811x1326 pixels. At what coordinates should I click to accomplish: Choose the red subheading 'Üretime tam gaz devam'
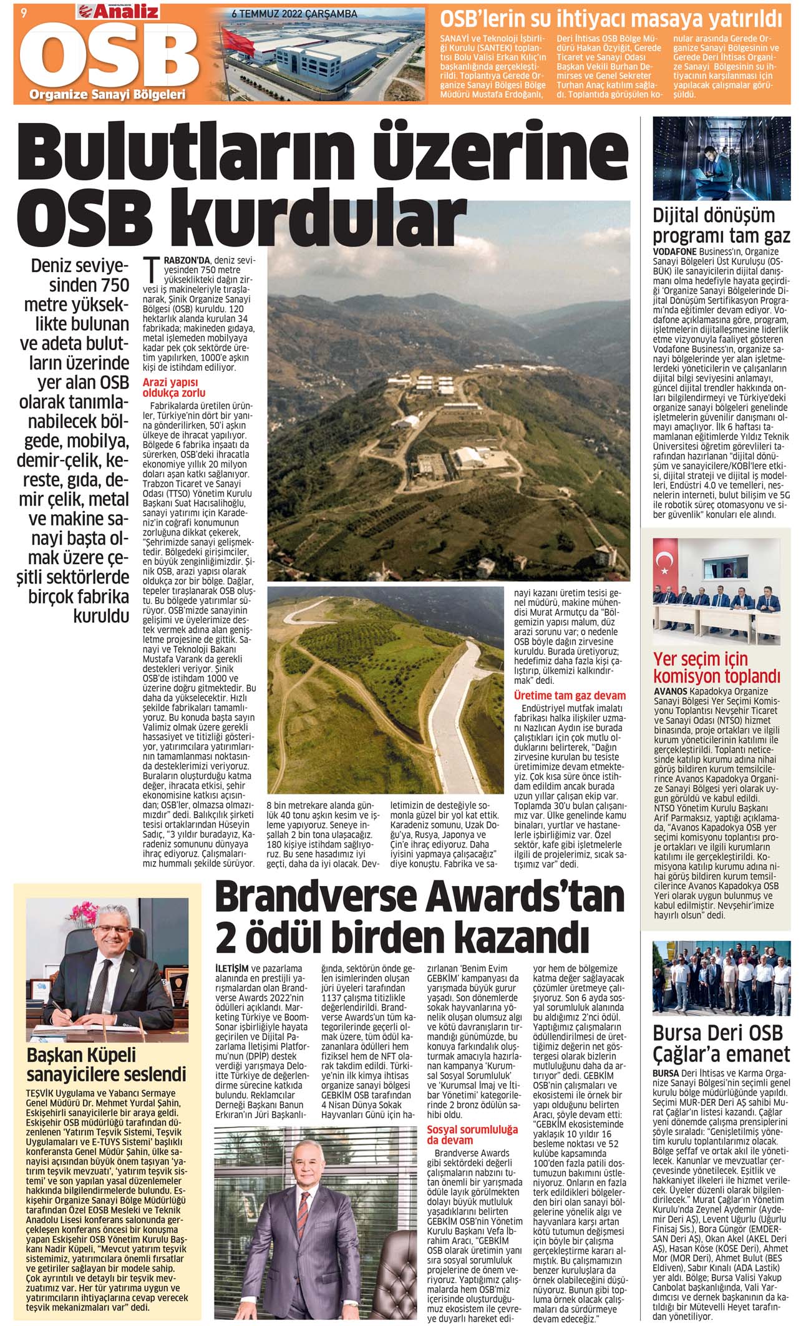(x=569, y=695)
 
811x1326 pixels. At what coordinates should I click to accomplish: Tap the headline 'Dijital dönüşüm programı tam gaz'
(x=721, y=226)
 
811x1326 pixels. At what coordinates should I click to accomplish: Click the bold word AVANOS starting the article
(x=671, y=691)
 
